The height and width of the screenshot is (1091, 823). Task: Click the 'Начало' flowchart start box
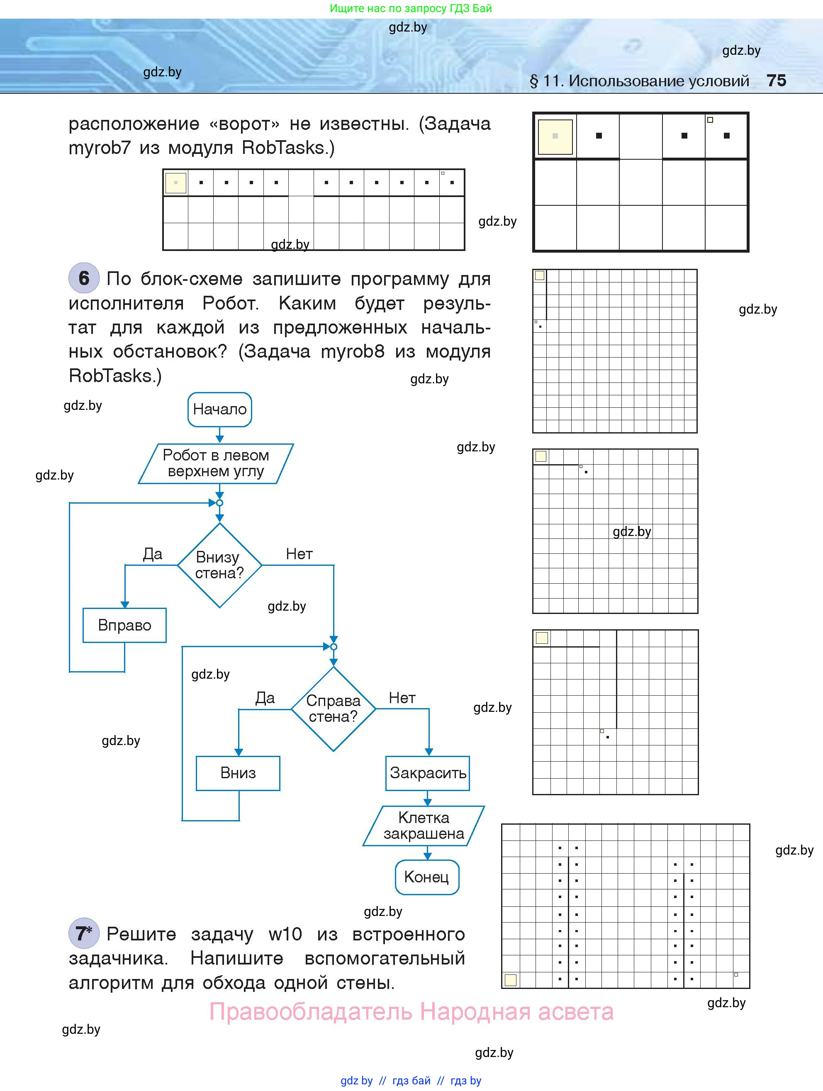219,409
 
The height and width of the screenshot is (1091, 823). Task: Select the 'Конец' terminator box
426,877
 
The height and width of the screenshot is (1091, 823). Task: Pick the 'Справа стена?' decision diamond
334,709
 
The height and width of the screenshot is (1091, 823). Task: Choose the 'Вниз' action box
238,773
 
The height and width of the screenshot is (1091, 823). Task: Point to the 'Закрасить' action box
428,773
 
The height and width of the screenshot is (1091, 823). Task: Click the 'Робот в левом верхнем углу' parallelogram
216,463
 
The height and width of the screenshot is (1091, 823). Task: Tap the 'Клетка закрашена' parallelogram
424,826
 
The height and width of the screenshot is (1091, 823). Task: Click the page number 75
776,80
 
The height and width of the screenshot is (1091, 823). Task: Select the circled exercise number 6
84,278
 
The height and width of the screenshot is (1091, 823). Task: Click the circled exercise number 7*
84,933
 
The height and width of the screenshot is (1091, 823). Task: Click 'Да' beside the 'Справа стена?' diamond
265,698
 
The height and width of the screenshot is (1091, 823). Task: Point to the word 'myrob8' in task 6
353,352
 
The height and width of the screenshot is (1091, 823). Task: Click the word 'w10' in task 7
285,934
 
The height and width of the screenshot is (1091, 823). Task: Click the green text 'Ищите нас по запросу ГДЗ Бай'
411,8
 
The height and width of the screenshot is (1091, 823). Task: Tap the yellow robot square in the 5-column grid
555,136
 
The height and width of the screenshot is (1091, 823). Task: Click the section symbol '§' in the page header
533,81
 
